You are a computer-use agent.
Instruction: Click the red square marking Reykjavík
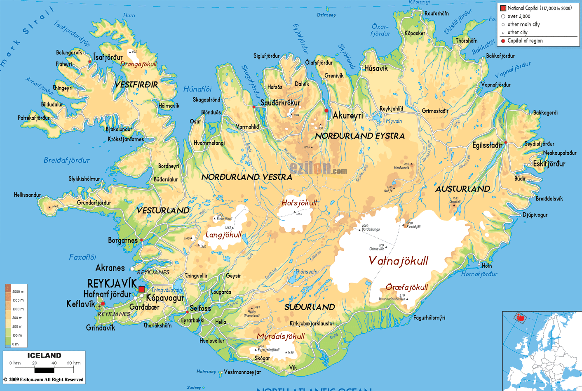(141, 289)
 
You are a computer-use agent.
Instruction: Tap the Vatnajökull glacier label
(398, 261)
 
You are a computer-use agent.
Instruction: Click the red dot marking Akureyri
(326, 111)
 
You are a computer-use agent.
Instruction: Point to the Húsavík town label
(376, 68)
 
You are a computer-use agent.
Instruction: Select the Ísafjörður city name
(108, 57)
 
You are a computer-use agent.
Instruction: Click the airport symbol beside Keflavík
(99, 306)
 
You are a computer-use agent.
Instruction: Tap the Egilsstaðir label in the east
(487, 145)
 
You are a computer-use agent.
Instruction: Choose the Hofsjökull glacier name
(299, 203)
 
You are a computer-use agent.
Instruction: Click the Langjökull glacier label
(223, 235)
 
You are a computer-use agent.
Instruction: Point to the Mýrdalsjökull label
(280, 337)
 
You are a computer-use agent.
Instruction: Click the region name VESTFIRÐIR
(136, 85)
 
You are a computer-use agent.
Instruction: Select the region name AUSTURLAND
(462, 189)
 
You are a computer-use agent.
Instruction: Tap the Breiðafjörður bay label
(66, 160)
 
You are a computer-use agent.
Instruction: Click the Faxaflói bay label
(82, 257)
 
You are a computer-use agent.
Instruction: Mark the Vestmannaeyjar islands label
(242, 372)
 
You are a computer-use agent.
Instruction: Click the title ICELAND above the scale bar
(44, 356)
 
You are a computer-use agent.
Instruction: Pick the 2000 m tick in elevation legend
(18, 292)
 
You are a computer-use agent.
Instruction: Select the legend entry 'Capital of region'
(525, 41)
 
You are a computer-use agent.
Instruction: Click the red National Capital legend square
(503, 8)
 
